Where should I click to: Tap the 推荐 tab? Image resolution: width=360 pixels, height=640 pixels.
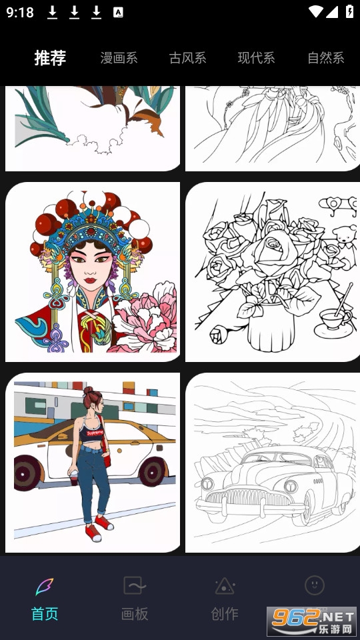pyautogui.click(x=50, y=58)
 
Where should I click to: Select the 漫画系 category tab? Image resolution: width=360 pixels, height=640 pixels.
pyautogui.click(x=119, y=58)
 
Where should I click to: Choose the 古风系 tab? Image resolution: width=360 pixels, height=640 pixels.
pyautogui.click(x=187, y=58)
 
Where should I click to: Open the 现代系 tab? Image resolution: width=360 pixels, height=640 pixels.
pyautogui.click(x=256, y=58)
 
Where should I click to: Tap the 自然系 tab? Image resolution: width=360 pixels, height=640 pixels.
pyautogui.click(x=326, y=58)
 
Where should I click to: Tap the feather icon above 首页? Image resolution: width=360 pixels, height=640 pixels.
pyautogui.click(x=45, y=587)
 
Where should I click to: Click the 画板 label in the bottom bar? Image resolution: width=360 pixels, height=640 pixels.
pyautogui.click(x=135, y=613)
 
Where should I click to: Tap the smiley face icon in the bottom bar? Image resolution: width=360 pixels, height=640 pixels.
pyautogui.click(x=315, y=585)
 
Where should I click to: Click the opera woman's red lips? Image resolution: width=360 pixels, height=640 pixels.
pyautogui.click(x=90, y=281)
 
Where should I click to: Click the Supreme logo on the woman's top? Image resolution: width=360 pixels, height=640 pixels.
pyautogui.click(x=95, y=432)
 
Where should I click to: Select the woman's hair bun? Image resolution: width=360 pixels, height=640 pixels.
pyautogui.click(x=89, y=391)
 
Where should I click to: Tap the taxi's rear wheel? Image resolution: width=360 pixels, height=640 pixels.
pyautogui.click(x=152, y=471)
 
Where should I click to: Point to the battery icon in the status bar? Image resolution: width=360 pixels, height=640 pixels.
pyautogui.click(x=350, y=11)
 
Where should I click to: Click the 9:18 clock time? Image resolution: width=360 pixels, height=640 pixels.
pyautogui.click(x=19, y=12)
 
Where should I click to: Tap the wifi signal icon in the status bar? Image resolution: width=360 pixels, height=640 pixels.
pyautogui.click(x=316, y=11)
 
